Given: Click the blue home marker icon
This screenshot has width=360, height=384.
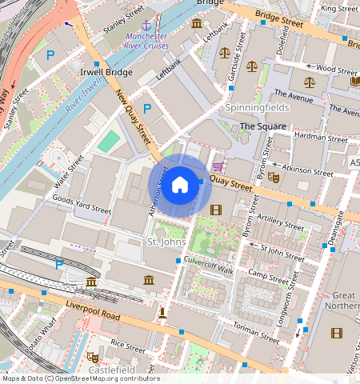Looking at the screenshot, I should click(x=180, y=185).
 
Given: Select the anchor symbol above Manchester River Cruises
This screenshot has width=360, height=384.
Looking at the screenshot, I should click(x=146, y=27).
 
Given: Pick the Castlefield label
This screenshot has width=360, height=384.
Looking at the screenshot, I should click(x=112, y=370).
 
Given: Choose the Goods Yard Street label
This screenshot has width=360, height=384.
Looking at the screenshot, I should click(x=81, y=203).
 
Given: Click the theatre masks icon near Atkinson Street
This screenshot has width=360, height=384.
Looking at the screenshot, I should click(x=273, y=177).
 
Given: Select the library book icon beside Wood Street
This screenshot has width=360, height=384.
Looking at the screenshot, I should click(x=355, y=81).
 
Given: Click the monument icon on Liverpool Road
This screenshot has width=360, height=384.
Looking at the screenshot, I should click(x=163, y=311).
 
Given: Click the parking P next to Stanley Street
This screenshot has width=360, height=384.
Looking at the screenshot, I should click(x=50, y=55).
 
